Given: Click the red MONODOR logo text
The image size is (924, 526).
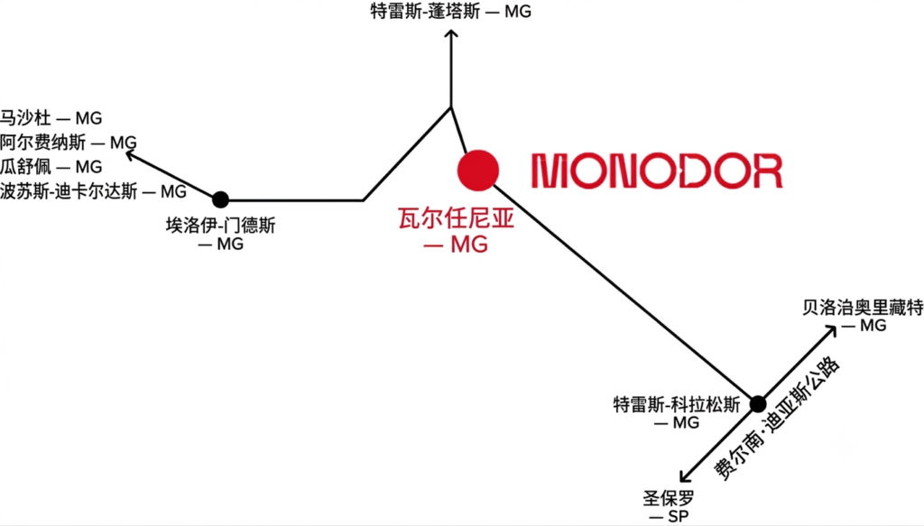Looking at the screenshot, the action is point(657,171).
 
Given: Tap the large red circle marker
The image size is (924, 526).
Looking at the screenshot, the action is point(478,171).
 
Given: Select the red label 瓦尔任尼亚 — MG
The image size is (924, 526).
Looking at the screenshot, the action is point(456,230).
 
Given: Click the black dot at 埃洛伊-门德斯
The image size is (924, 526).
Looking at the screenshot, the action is point(220,199).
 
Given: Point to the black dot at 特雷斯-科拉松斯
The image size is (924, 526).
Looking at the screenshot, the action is point(758,404).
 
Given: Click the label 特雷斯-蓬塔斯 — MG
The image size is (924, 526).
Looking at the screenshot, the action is point(451,11).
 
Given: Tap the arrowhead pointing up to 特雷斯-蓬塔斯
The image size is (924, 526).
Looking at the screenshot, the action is point(451,35).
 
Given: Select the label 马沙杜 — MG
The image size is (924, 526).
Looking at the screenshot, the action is point(51,118).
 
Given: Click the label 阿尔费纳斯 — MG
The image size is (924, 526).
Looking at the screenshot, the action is point(68,143).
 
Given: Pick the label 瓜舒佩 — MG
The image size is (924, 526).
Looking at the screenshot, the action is point(51,167).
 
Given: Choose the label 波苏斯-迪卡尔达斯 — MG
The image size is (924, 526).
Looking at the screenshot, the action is point(93,191).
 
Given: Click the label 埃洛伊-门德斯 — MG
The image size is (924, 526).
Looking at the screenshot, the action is point(221,234).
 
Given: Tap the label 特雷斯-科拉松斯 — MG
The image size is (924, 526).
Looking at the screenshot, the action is point(677,413).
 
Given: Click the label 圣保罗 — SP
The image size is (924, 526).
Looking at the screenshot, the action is point(669,507).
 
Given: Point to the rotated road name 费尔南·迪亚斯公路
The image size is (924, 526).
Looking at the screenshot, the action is point(777,419).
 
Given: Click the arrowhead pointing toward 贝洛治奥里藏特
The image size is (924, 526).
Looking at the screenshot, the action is point(831,331).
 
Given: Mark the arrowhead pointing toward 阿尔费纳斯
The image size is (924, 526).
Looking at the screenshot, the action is point(131,155).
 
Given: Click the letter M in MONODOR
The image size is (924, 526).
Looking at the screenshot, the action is point(550,171).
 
